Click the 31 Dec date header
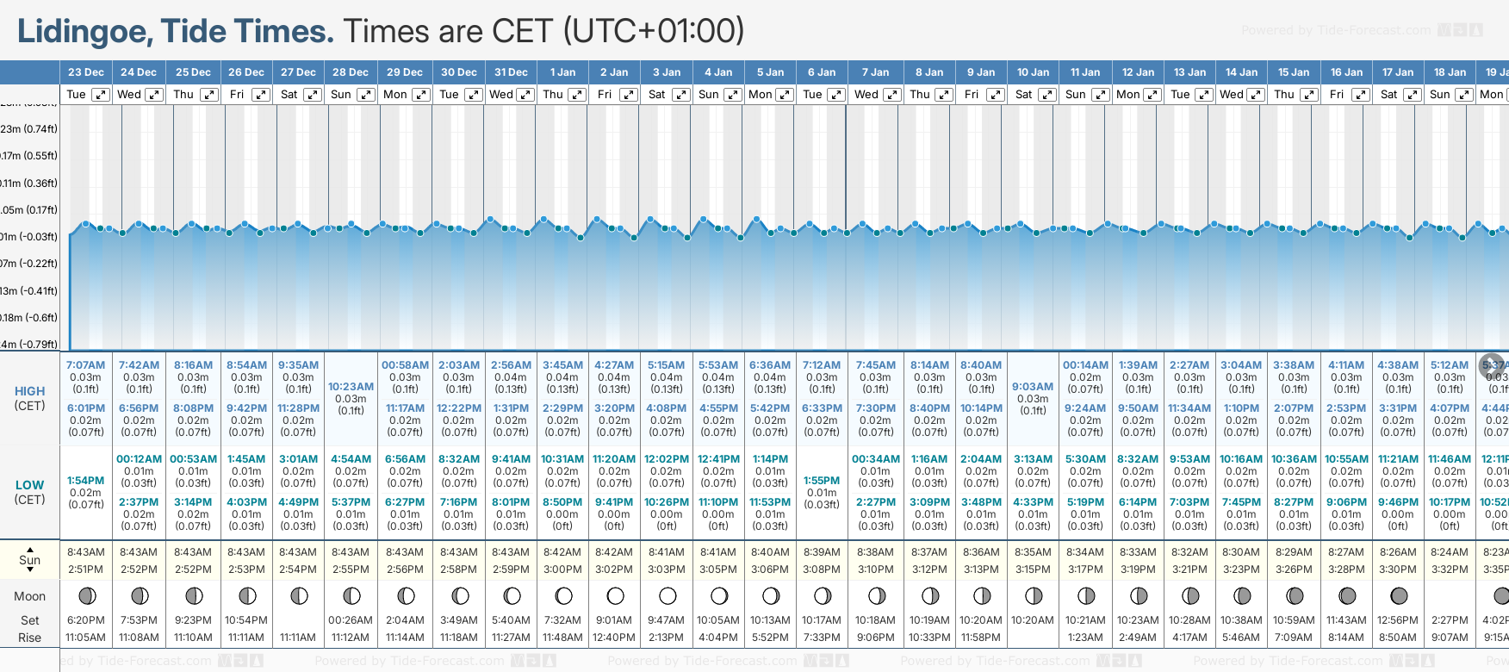(511, 72)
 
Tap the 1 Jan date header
(563, 72)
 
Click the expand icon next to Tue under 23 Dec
(101, 95)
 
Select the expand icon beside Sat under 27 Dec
(313, 95)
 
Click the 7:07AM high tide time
(85, 365)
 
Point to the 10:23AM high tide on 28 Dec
(351, 387)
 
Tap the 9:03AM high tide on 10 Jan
(1033, 387)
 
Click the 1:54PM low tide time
(85, 481)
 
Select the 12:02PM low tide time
(667, 459)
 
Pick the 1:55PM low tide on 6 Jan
(822, 481)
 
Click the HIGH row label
(29, 391)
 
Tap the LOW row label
(29, 485)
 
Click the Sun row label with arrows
(29, 560)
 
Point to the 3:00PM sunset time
(563, 569)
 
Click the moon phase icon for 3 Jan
(667, 596)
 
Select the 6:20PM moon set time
(85, 620)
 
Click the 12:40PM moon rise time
(614, 638)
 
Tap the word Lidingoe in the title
(84, 32)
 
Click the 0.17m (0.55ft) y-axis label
(29, 156)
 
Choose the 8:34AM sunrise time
(1085, 552)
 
